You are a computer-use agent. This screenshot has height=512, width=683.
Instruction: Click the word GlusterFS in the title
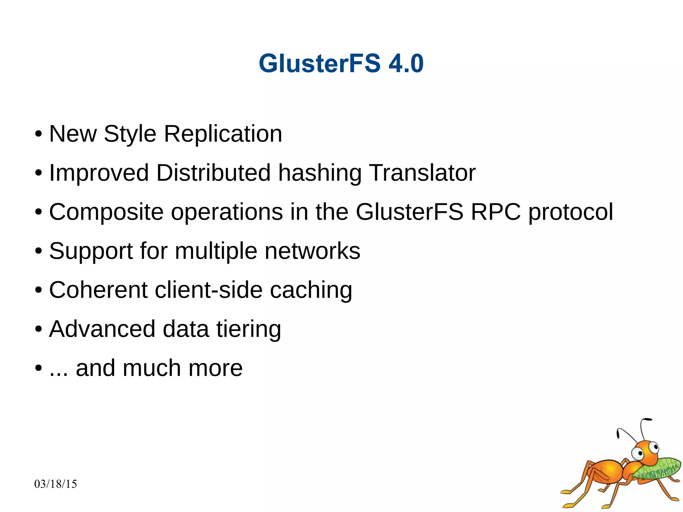(319, 63)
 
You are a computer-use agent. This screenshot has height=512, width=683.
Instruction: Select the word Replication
(223, 134)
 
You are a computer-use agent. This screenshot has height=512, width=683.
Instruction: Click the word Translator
(422, 173)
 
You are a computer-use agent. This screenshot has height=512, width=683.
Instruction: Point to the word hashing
(319, 173)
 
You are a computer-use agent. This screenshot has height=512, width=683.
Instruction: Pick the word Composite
(106, 212)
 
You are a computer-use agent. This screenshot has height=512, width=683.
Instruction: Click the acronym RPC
(496, 212)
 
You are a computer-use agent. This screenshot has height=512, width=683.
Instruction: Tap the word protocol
(571, 212)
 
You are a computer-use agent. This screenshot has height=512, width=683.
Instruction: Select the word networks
(312, 251)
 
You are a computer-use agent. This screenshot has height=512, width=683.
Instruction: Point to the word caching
(311, 291)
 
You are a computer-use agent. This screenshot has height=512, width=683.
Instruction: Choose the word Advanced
(102, 329)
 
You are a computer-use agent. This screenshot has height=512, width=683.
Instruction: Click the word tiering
(248, 330)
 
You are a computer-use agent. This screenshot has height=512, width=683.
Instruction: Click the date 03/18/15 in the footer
(55, 484)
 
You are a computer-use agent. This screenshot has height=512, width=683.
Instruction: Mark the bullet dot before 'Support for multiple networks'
(38, 251)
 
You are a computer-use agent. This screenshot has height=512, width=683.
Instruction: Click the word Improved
(99, 173)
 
